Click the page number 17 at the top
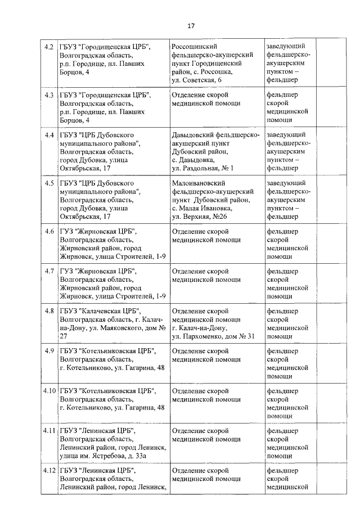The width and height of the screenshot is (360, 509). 191,25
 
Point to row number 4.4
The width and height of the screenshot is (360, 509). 49,135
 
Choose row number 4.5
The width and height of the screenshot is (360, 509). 49,183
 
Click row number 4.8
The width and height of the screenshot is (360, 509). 49,311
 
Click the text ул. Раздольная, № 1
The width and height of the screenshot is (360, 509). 202,168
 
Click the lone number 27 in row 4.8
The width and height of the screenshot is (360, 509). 64,336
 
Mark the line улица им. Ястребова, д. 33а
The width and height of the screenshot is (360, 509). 104,455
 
